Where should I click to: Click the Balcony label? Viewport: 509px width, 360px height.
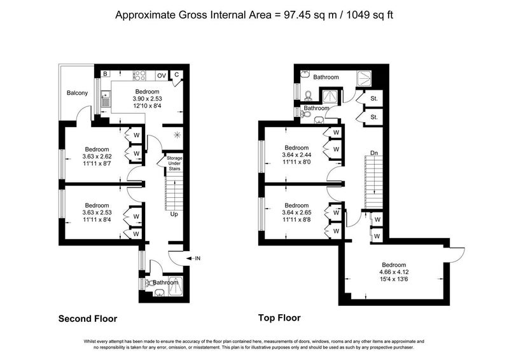coord(77,93)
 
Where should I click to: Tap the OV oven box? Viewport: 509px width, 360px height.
coord(162,76)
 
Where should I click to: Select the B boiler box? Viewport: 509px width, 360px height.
coord(105,74)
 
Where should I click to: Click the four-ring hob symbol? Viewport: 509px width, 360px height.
coord(139,76)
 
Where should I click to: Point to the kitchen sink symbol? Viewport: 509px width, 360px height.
coord(106,99)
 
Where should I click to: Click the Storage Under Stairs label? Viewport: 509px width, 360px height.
coord(174,163)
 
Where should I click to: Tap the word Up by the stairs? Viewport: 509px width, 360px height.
coord(174,214)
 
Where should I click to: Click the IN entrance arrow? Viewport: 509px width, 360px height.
coord(193,258)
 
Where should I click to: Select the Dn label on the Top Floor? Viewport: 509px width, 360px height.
coord(374,153)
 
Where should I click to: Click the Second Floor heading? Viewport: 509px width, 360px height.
coord(88,319)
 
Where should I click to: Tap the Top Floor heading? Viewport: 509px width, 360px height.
coord(279,318)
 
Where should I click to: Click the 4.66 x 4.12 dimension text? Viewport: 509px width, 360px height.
coord(394,272)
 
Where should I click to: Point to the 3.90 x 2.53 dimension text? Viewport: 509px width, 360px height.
coord(148,99)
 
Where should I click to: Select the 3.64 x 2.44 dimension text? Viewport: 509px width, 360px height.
coord(296,155)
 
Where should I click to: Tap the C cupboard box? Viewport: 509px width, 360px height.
coord(177,75)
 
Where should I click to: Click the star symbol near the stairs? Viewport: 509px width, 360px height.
coord(177,135)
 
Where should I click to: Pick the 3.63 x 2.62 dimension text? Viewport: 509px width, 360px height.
coord(97,156)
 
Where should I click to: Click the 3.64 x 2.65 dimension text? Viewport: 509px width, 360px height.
coord(296,212)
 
